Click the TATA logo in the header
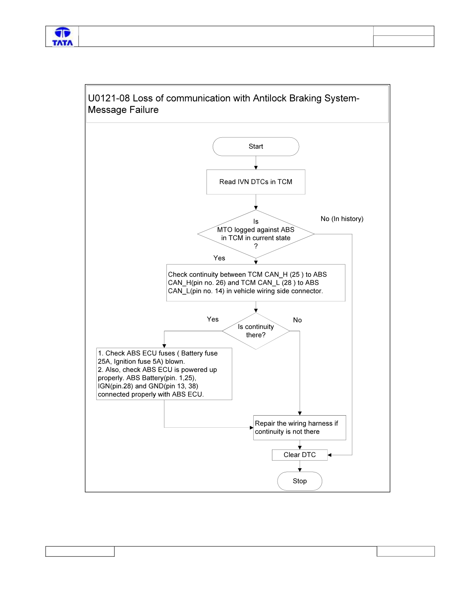[x=63, y=37]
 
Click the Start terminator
[x=256, y=146]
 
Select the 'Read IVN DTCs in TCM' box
[x=256, y=182]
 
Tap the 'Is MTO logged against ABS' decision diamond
[x=256, y=234]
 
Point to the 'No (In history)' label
[x=342, y=219]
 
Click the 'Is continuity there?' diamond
[x=256, y=331]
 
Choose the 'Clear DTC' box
[x=300, y=455]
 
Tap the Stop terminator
[x=300, y=481]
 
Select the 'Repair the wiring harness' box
[x=300, y=428]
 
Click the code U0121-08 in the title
[x=109, y=98]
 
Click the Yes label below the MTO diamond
[x=219, y=258]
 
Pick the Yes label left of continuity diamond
[x=213, y=319]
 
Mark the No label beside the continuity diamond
[x=298, y=320]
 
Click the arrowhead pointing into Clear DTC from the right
[x=329, y=455]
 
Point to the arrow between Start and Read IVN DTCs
[x=256, y=163]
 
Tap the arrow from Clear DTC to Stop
[x=300, y=466]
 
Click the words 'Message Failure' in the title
[x=123, y=110]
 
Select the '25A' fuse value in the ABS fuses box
[x=104, y=362]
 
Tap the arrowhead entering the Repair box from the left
[x=252, y=428]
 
